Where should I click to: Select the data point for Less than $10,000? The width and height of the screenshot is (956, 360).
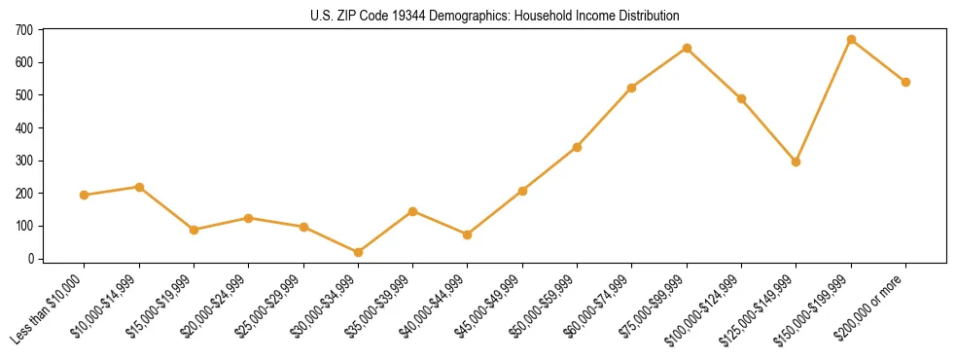click(85, 195)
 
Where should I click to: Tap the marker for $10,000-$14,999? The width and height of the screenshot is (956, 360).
click(140, 187)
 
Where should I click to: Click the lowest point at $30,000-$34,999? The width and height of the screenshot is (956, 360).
click(359, 252)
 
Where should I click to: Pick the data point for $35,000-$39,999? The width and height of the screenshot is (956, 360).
click(413, 211)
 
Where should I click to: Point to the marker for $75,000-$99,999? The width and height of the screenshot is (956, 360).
click(688, 48)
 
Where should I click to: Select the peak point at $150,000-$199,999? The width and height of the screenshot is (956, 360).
click(852, 40)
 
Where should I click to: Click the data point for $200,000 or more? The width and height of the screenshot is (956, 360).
click(906, 82)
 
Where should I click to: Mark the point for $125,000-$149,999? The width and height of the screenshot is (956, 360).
click(797, 162)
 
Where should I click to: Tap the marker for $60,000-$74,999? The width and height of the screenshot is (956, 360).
click(632, 88)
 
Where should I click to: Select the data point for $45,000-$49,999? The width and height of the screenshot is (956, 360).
click(523, 191)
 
